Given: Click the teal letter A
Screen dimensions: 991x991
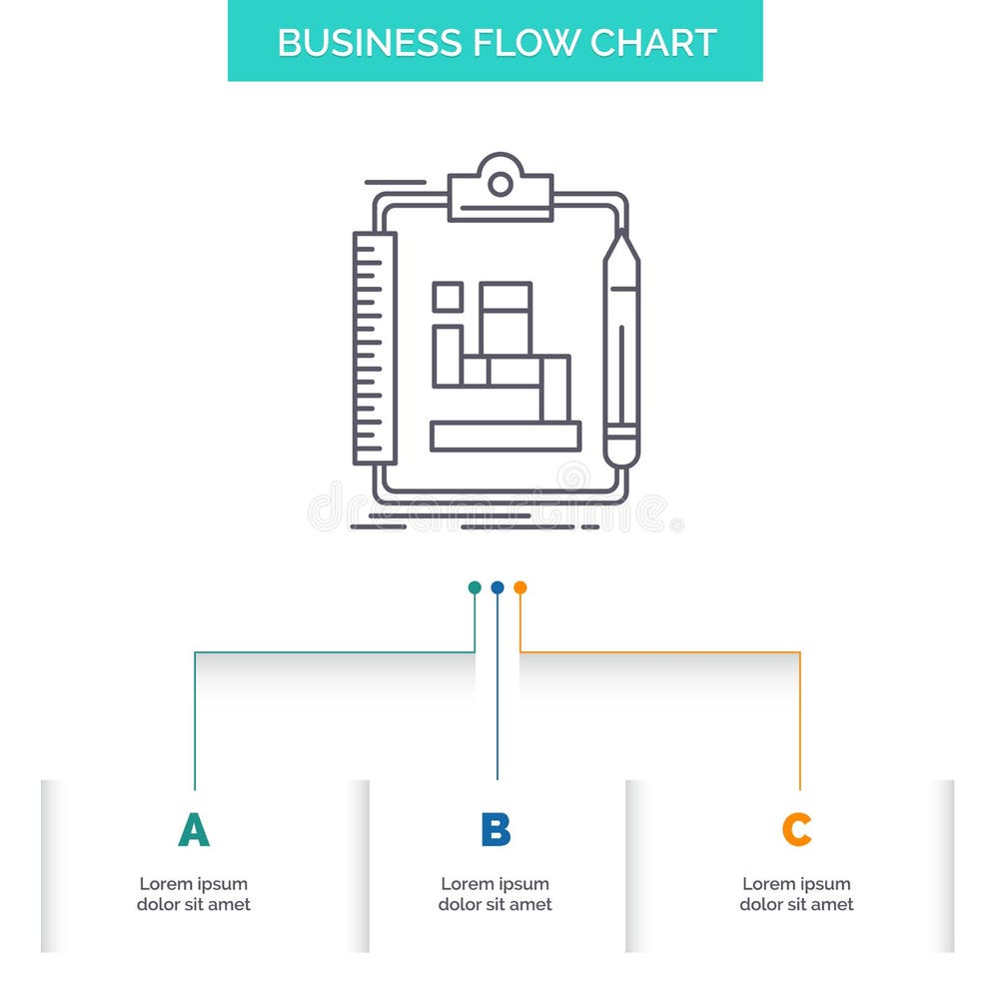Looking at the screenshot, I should [194, 830].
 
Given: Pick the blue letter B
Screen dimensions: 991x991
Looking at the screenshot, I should [495, 830].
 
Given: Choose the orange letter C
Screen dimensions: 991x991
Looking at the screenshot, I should [796, 830].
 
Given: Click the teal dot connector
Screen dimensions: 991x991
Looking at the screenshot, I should [475, 587].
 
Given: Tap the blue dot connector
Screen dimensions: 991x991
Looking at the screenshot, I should [497, 587].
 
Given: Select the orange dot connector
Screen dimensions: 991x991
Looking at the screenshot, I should [519, 587].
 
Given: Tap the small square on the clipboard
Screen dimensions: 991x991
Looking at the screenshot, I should [447, 297].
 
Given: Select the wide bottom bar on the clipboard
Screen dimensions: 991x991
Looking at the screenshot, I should [505, 436].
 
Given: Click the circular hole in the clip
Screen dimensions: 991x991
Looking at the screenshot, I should [500, 184].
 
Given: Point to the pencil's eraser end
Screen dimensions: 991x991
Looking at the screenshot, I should [620, 450].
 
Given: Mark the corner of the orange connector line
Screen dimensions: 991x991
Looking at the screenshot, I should [799, 652].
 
